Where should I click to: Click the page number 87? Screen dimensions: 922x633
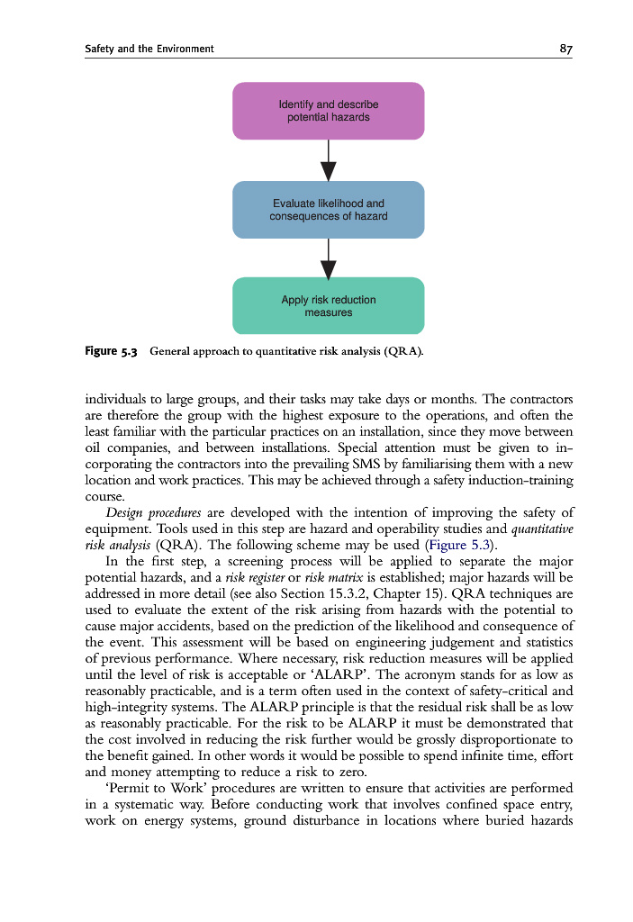[x=565, y=49]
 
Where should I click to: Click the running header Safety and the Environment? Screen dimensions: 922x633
[x=149, y=49]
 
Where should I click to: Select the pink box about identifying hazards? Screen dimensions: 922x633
[x=328, y=111]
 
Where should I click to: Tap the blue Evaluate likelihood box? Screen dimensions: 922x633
[x=328, y=210]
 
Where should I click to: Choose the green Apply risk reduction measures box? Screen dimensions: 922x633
[x=328, y=306]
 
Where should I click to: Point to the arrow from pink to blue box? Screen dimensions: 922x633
[x=328, y=161]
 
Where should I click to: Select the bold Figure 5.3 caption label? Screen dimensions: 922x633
[x=110, y=350]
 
